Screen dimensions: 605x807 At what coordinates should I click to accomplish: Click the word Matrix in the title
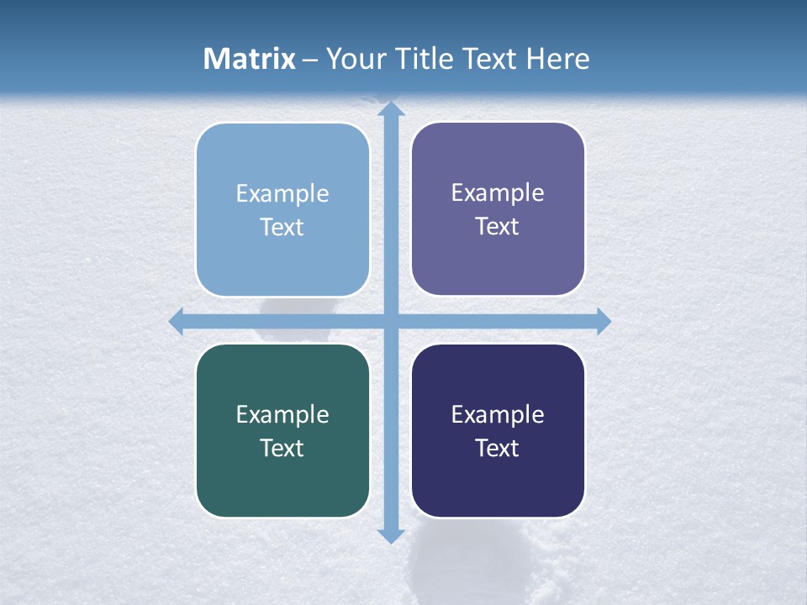(x=250, y=59)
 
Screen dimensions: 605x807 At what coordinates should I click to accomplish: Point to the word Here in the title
(x=558, y=59)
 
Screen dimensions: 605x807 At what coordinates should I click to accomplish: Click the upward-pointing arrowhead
(x=390, y=109)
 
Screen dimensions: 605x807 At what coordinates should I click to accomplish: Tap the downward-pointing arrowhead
(x=390, y=535)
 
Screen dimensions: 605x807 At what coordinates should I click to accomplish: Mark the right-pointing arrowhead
(x=604, y=321)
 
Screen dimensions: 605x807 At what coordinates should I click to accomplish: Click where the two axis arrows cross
(x=390, y=321)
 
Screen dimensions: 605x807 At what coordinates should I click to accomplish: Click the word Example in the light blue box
(x=282, y=194)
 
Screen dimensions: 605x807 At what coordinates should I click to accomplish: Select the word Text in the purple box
(x=498, y=227)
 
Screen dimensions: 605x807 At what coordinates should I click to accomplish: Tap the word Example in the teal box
(x=282, y=414)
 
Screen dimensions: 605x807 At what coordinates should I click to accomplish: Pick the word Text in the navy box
(x=498, y=448)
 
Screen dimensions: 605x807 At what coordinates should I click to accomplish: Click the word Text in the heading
(x=489, y=59)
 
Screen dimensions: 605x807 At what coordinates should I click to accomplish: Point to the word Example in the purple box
(x=498, y=193)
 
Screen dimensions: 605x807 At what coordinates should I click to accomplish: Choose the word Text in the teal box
(x=282, y=448)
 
